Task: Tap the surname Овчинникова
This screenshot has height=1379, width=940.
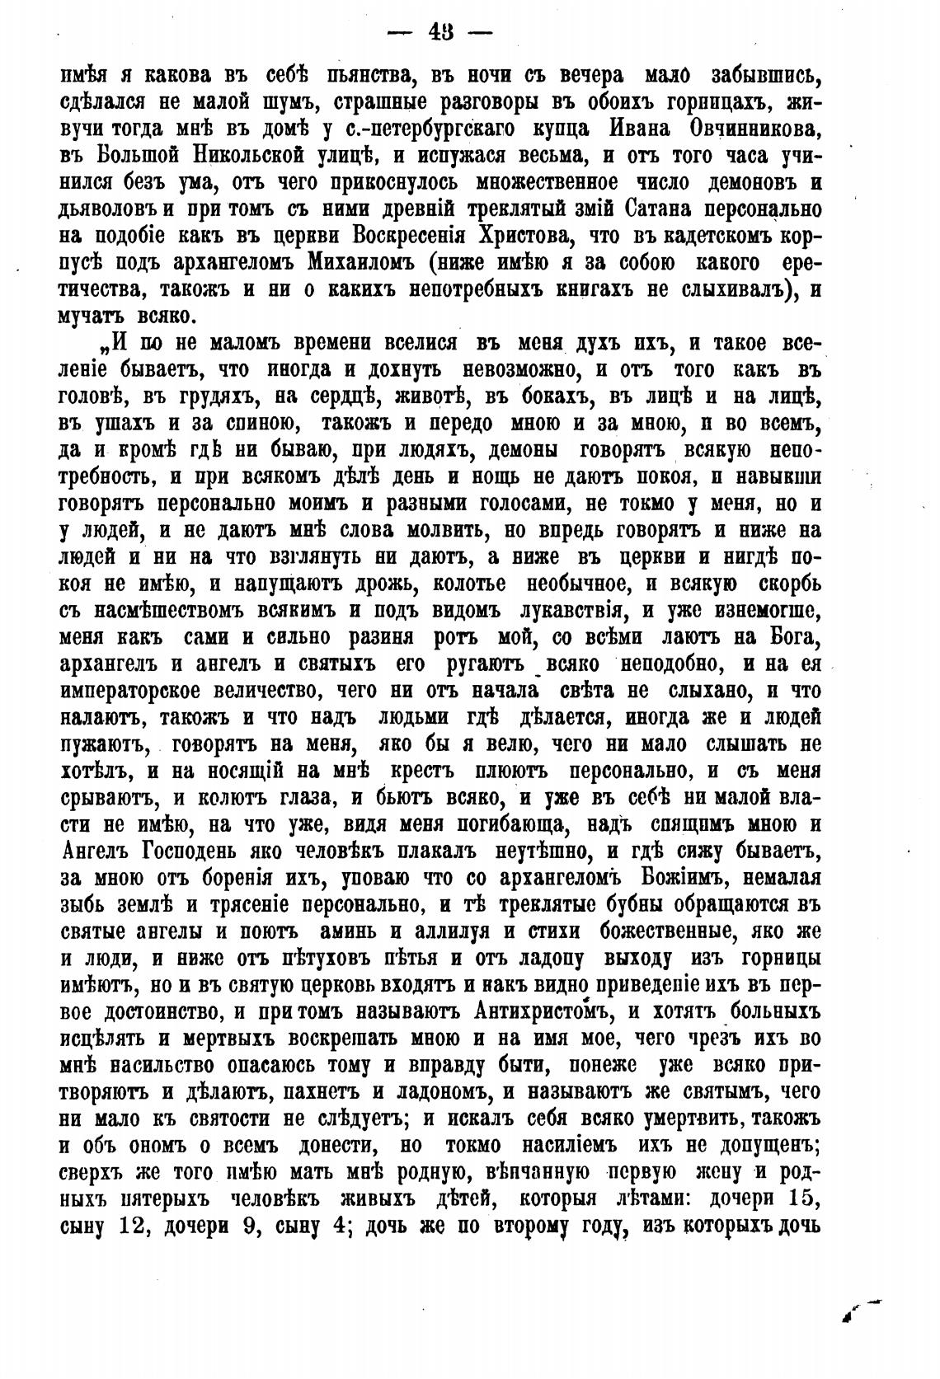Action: [x=754, y=129]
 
